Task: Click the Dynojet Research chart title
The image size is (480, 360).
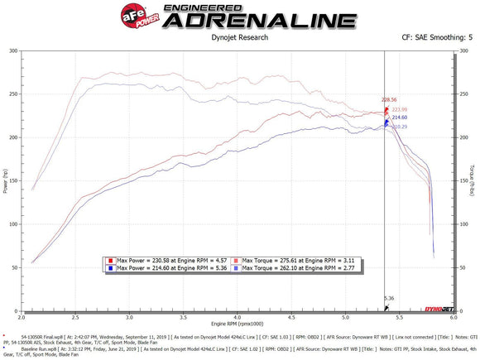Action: coord(239,36)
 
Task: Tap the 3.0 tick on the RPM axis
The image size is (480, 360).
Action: coord(129,316)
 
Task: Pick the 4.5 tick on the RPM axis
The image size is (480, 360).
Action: coord(291,316)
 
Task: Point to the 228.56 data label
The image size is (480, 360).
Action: coord(391,99)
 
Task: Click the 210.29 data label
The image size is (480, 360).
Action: coord(400,127)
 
